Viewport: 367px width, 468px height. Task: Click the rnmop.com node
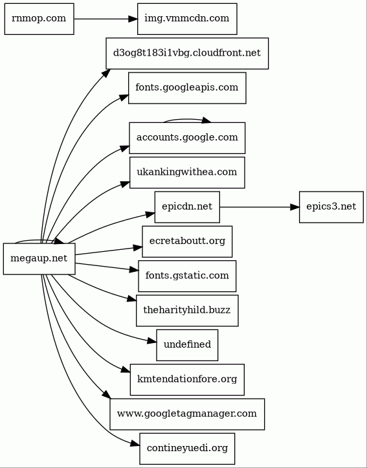coord(39,19)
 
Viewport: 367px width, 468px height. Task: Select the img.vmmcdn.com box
coord(187,19)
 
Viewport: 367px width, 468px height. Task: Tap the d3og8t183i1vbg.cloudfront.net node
coord(187,54)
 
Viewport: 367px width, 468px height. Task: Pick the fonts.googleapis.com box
coord(187,88)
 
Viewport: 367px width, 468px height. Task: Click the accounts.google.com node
coord(187,138)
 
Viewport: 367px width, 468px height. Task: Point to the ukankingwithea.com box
coord(187,173)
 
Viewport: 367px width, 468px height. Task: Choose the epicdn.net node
coord(187,207)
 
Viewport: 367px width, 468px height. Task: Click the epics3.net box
coord(331,207)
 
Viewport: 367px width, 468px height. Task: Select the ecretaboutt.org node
coord(187,241)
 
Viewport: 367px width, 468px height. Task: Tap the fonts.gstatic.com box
coord(187,276)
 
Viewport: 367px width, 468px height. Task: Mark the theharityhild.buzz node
coord(187,311)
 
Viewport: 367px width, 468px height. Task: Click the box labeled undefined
coord(187,345)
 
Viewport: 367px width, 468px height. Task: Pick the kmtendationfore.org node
coord(187,380)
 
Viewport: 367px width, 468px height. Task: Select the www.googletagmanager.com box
coord(187,414)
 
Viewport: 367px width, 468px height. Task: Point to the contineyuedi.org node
coord(187,449)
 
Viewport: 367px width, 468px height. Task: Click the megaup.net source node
coord(39,259)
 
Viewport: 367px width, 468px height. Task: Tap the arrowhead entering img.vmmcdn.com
coord(133,19)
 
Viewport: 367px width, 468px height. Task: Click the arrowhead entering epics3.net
coord(295,207)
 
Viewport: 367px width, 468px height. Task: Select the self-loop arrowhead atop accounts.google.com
coord(206,120)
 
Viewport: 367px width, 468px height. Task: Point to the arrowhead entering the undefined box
coord(152,341)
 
